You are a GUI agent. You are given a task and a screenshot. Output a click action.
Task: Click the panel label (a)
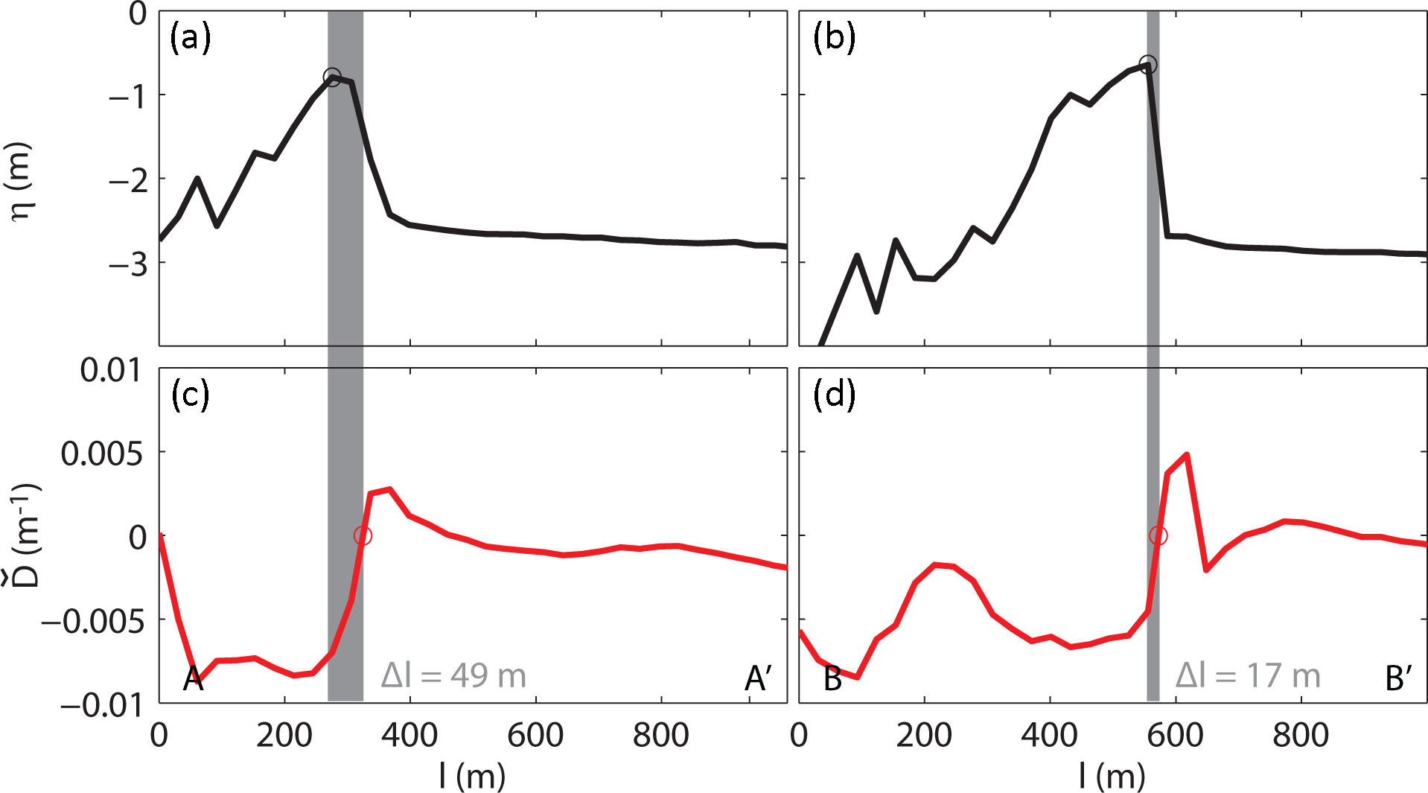pos(191,37)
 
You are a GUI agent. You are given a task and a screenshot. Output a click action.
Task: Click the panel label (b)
pos(834,37)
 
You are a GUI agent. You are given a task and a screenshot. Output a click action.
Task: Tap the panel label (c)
pos(191,394)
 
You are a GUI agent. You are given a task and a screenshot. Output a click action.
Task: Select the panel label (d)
pos(834,394)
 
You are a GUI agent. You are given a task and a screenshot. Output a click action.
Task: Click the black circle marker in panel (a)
pos(332,77)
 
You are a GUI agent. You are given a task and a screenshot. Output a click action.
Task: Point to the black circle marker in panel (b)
pos(1148,65)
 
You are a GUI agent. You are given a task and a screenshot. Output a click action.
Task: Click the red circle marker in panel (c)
pos(363,535)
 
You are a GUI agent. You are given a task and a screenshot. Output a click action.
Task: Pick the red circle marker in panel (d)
pos(1158,535)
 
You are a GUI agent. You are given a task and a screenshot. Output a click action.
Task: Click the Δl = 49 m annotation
pos(453,676)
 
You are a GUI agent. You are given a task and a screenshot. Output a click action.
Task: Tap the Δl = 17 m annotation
pos(1248,676)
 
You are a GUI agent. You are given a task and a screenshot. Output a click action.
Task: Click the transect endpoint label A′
pos(759,678)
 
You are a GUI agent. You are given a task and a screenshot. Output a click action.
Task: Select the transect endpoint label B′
pos(1399,678)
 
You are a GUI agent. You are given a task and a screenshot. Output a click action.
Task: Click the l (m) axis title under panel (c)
pos(472,777)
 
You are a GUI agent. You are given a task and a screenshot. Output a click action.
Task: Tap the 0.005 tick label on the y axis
pos(102,453)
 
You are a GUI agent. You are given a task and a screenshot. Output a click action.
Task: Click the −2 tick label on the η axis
pos(128,179)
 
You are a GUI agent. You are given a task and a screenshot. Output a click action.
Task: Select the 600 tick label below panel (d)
pos(1175,736)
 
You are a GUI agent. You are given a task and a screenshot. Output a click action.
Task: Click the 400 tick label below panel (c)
pos(409,736)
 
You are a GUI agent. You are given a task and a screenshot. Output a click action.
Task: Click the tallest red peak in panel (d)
pos(1186,454)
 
